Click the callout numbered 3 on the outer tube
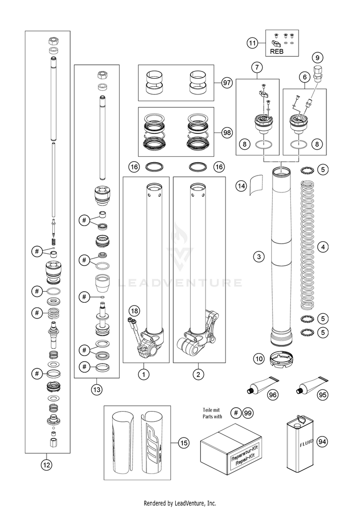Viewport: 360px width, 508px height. tap(259, 257)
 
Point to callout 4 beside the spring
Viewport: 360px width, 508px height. tap(324, 247)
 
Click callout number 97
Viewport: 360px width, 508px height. tap(227, 83)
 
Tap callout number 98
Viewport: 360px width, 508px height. tap(227, 131)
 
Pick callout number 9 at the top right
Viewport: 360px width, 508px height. tap(317, 57)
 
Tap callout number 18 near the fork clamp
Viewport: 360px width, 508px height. tap(135, 311)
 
